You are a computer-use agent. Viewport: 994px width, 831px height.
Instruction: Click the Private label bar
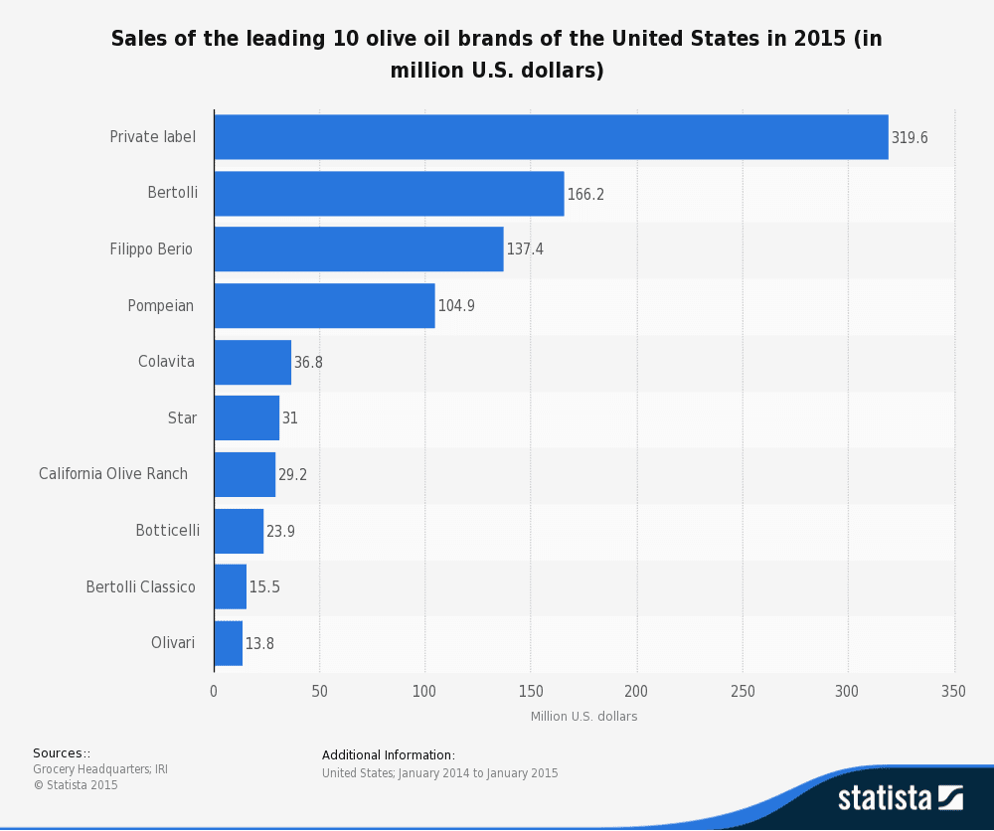click(x=551, y=137)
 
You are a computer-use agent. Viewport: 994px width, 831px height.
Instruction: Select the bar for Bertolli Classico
click(x=230, y=587)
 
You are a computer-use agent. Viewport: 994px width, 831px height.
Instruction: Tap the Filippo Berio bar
click(x=359, y=249)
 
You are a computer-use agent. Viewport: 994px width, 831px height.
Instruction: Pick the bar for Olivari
click(x=228, y=643)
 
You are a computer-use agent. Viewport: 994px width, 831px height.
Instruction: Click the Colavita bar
click(x=252, y=362)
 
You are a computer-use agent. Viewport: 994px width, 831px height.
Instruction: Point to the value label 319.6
click(x=910, y=138)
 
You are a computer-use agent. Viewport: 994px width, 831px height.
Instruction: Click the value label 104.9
click(x=456, y=306)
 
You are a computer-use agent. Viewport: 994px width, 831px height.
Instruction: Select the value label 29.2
click(x=292, y=475)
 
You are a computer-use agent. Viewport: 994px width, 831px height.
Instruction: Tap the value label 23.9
click(x=280, y=531)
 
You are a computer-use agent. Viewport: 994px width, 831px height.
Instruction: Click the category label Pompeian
click(x=161, y=305)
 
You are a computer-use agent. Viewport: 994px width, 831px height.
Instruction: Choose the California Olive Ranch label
click(x=113, y=474)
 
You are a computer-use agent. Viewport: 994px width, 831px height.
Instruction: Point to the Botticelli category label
click(x=167, y=531)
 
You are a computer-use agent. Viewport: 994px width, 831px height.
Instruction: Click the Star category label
click(x=182, y=418)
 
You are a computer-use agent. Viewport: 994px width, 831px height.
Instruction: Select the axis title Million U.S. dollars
click(x=583, y=716)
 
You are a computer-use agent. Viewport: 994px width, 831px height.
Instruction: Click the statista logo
click(x=900, y=797)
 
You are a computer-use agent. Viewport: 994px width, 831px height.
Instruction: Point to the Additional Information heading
click(x=389, y=755)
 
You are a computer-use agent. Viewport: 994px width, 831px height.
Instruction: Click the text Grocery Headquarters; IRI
click(x=100, y=769)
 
